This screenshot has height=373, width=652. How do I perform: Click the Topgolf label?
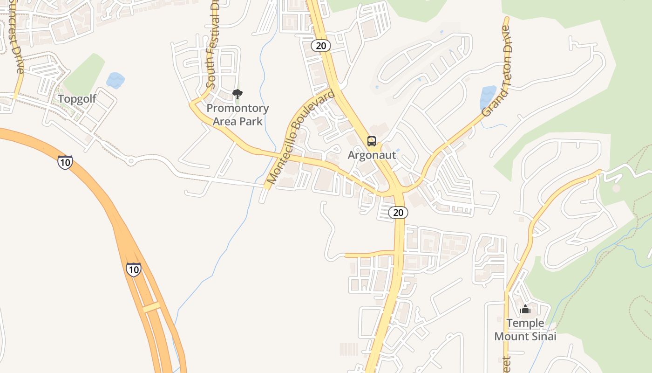77,99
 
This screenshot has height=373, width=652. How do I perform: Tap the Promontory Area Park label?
238,115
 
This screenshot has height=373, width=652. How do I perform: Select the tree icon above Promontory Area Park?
238,94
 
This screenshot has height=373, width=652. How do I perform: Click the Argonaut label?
372,155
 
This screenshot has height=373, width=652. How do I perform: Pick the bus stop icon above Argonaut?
371,141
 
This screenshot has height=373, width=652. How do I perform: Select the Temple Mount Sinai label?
525,330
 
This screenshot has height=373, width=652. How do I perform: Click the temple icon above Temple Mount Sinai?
525,309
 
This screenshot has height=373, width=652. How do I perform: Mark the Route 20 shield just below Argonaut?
398,213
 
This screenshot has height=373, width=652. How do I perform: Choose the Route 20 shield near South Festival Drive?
321,45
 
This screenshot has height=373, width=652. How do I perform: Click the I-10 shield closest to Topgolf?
65,162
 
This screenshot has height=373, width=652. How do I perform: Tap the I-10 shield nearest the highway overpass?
133,269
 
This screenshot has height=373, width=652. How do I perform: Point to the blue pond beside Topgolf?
115,80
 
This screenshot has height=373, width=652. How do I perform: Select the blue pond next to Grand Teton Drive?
488,97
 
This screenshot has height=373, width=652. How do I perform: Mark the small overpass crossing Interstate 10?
151,307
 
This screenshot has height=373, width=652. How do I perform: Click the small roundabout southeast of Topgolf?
131,161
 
